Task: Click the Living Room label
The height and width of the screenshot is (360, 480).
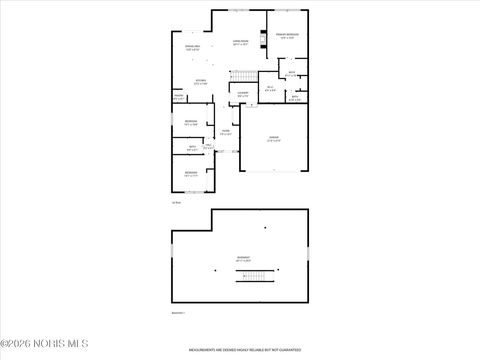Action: pos(240,43)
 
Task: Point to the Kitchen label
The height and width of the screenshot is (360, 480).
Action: pos(200,82)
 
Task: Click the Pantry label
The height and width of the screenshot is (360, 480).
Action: pos(178,97)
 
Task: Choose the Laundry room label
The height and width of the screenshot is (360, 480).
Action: pos(243,94)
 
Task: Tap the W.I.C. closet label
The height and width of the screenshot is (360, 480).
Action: pos(270,89)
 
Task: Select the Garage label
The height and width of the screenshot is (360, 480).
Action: pos(273,138)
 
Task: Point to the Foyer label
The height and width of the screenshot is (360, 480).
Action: pos(226,132)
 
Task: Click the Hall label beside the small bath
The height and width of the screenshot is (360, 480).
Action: pos(207,148)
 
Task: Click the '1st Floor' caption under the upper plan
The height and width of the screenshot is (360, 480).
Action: pos(176,204)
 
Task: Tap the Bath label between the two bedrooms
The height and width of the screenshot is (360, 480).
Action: pos(192,148)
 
